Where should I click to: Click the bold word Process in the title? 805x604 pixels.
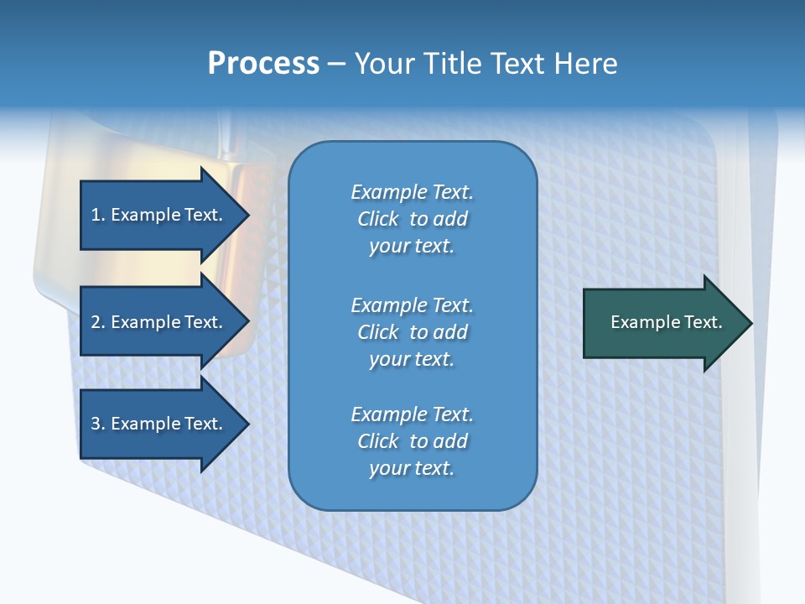pyautogui.click(x=263, y=64)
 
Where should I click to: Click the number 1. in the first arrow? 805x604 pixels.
pyautogui.click(x=98, y=215)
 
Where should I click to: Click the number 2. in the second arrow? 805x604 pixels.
pyautogui.click(x=98, y=322)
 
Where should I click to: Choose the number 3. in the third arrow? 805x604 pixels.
pyautogui.click(x=98, y=424)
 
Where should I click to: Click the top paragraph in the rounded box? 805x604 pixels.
pyautogui.click(x=412, y=219)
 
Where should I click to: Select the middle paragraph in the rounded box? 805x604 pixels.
pyautogui.click(x=412, y=332)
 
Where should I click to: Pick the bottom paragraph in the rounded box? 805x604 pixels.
pyautogui.click(x=412, y=441)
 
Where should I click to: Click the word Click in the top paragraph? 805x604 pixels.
pyautogui.click(x=378, y=219)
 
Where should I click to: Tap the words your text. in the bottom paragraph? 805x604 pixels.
pyautogui.click(x=412, y=468)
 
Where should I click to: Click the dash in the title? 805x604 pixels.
pyautogui.click(x=337, y=64)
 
